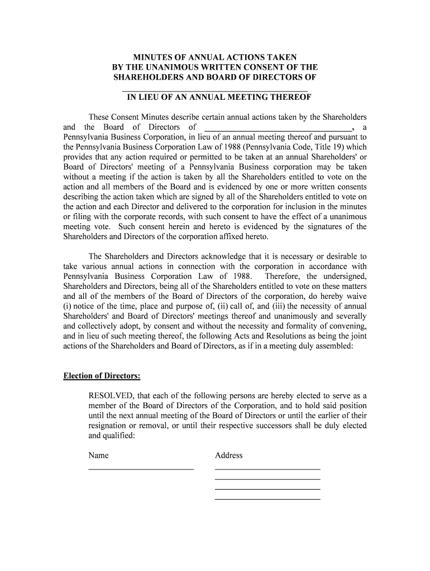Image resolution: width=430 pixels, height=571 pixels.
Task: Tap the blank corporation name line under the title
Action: [x=215, y=89]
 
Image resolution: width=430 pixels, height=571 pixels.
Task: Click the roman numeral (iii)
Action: [x=266, y=307]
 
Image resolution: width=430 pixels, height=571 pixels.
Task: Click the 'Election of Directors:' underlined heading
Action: [x=102, y=376]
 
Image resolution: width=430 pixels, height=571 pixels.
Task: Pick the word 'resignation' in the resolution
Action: [x=109, y=426]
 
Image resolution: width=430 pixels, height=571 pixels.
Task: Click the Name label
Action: [x=98, y=456]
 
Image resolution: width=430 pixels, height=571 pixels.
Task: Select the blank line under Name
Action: [x=141, y=469]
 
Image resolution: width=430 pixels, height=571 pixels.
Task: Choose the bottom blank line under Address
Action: [x=267, y=498]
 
